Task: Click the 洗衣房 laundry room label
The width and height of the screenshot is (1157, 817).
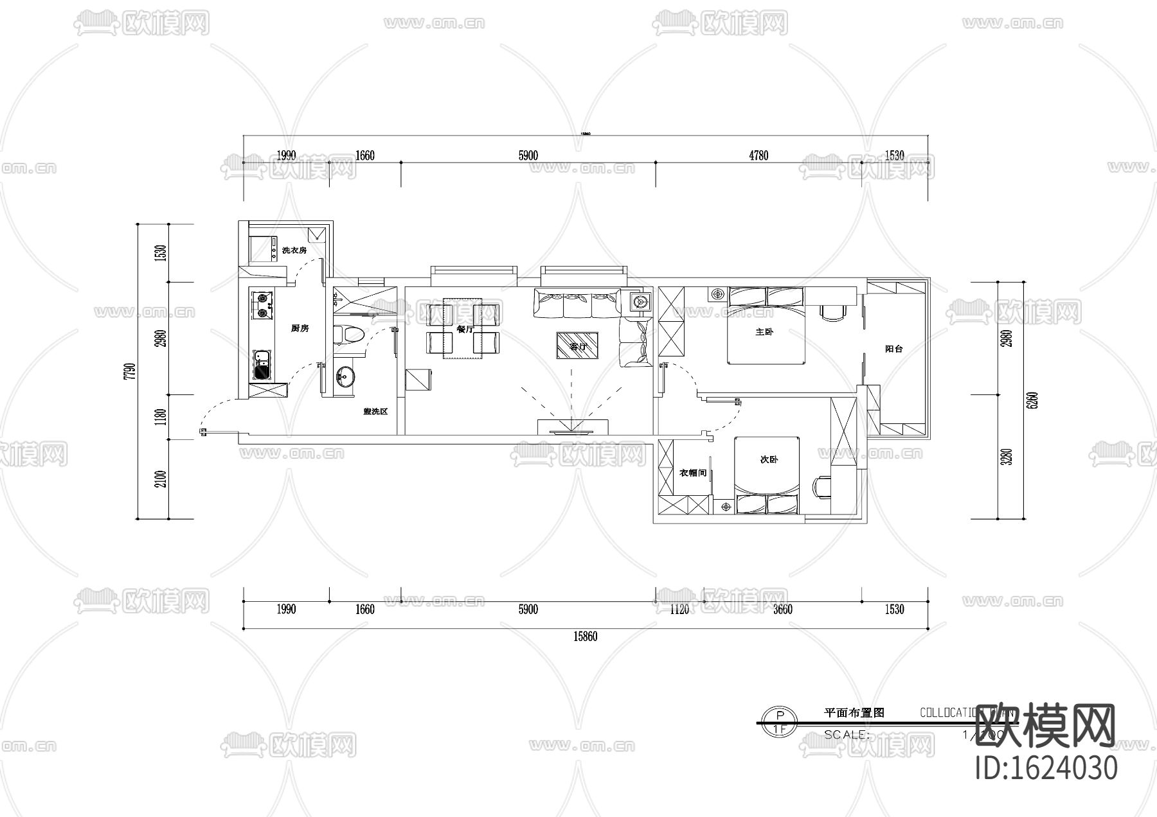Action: click(x=294, y=250)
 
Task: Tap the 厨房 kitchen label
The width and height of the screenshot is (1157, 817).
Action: click(x=300, y=328)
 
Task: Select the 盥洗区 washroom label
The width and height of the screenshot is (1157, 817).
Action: click(x=375, y=411)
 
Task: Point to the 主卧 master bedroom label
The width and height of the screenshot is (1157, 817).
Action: click(x=764, y=332)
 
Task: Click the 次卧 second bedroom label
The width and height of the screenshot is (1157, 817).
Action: click(x=769, y=459)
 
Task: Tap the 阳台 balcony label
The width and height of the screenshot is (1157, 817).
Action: click(x=893, y=349)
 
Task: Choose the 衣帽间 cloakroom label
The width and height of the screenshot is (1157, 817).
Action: click(x=692, y=473)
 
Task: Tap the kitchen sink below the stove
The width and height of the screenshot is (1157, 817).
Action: click(x=262, y=365)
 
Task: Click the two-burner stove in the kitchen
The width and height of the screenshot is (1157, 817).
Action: click(x=262, y=306)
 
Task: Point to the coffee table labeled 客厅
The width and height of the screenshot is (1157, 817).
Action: click(x=577, y=346)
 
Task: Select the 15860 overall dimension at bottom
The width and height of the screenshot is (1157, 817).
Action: click(x=585, y=637)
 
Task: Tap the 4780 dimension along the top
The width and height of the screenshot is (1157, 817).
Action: click(x=758, y=155)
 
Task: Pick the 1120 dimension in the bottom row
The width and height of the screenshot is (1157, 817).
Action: click(x=679, y=609)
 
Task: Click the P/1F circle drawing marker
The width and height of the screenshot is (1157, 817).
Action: click(x=779, y=722)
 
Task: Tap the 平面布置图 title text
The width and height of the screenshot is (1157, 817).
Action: click(x=854, y=712)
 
